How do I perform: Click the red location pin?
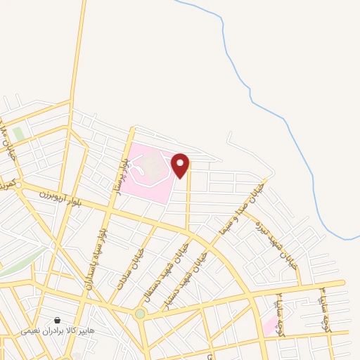pos(181,165)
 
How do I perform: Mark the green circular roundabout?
pos(140,314)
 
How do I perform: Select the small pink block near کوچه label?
pos(269,324)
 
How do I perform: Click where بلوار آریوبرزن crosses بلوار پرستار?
pos(111,208)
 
